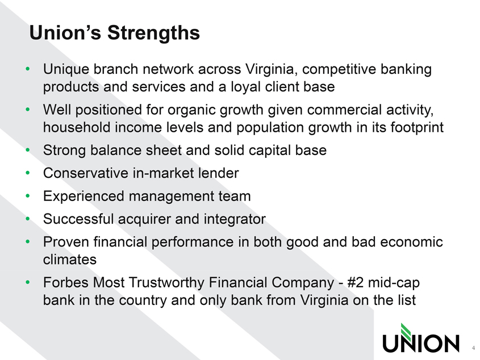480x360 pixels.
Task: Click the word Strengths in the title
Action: point(153,33)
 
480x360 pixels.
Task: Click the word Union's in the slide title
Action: point(65,32)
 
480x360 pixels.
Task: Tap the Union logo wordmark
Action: point(421,343)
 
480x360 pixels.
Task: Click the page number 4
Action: point(473,348)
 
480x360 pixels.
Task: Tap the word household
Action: point(77,127)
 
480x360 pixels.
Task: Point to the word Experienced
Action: point(84,196)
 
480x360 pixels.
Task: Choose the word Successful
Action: point(78,219)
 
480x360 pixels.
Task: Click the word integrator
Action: point(235,220)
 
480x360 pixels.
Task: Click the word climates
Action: point(70,259)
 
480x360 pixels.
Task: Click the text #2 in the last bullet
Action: point(356,283)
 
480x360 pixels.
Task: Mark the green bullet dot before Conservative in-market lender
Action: point(28,173)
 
